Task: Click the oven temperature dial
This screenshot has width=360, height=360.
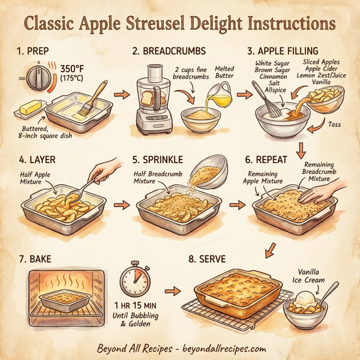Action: pos(39,77)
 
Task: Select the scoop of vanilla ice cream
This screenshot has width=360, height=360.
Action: pos(308,298)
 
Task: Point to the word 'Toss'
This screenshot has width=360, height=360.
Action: pos(335,124)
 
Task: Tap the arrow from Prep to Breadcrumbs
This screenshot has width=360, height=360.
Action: pos(122,94)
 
